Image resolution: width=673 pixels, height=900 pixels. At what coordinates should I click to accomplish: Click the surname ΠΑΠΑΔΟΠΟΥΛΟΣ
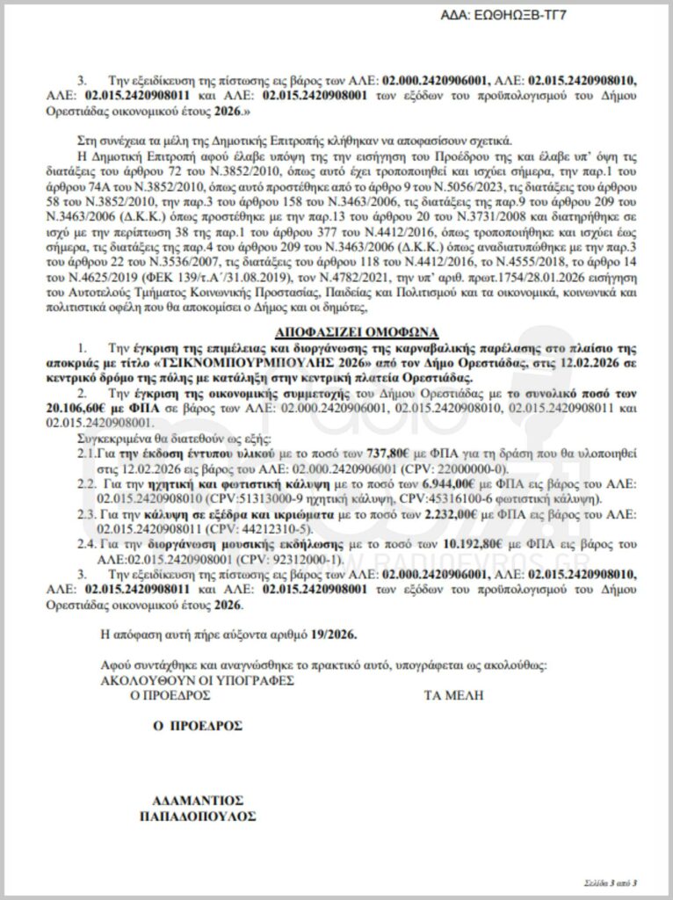pyautogui.click(x=198, y=816)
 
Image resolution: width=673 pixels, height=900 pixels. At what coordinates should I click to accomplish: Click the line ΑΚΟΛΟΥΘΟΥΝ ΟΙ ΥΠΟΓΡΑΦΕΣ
pyautogui.click(x=198, y=679)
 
